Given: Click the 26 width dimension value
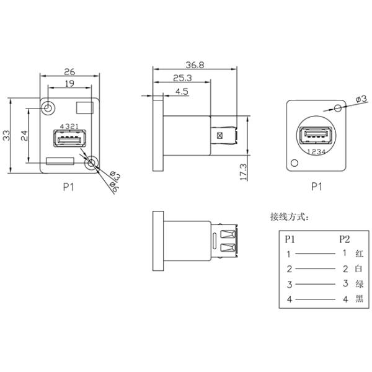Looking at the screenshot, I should [x=69, y=71].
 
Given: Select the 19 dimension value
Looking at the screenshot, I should [x=69, y=84].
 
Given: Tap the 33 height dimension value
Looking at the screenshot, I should [x=6, y=135].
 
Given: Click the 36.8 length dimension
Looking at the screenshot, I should [x=196, y=64].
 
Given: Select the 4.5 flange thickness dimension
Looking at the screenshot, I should [x=182, y=91].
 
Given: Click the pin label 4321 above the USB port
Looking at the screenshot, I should [x=66, y=126].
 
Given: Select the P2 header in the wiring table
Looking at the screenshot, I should [x=344, y=239].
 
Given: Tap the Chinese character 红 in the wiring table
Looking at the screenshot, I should [x=359, y=254].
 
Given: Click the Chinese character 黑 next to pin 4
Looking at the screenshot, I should [x=359, y=300].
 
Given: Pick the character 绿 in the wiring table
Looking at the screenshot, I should [x=359, y=285].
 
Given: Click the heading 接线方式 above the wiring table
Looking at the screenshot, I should [x=289, y=217].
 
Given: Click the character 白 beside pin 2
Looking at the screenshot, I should [x=359, y=269].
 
